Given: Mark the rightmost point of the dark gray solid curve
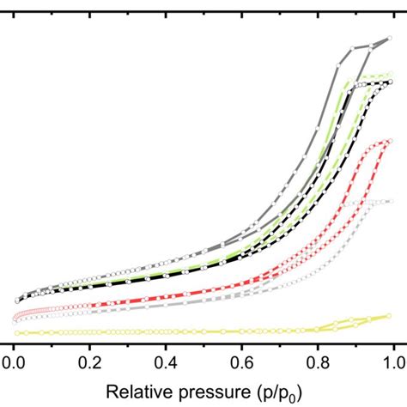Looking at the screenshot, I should click(x=392, y=39).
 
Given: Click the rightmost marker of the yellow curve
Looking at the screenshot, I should click(x=391, y=316).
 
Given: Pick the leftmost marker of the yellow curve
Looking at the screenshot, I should click(x=15, y=332).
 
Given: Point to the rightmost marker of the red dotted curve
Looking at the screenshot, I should click(x=391, y=140).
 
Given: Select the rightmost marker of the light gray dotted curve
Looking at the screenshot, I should click(x=392, y=201).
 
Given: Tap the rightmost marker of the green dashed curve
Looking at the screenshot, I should click(x=391, y=76).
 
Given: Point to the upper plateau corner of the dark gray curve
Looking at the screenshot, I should click(x=351, y=47).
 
